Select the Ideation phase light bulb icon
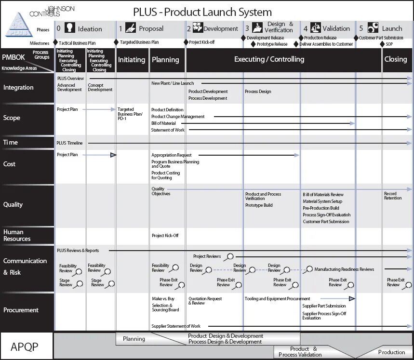click(x=70, y=28)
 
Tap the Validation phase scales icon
click(x=316, y=28)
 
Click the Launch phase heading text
click(x=392, y=28)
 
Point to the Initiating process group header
click(x=132, y=60)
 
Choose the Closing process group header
click(x=396, y=59)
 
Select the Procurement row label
click(x=21, y=310)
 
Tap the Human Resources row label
click(x=17, y=235)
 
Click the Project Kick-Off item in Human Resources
click(x=165, y=236)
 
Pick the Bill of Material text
click(x=163, y=123)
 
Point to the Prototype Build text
click(x=259, y=205)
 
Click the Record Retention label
click(x=393, y=196)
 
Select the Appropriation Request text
click(x=171, y=155)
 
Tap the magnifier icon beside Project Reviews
click(x=230, y=256)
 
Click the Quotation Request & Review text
click(x=205, y=301)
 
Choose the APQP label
click(x=25, y=346)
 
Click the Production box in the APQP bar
click(x=391, y=352)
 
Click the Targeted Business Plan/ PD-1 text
click(x=130, y=114)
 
